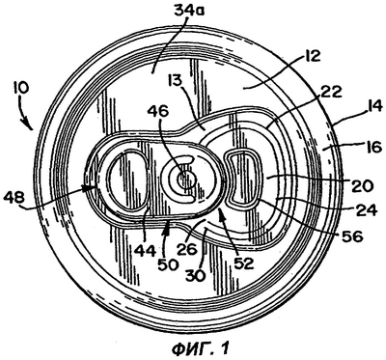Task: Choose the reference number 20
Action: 362,185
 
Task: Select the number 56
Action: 351,237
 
